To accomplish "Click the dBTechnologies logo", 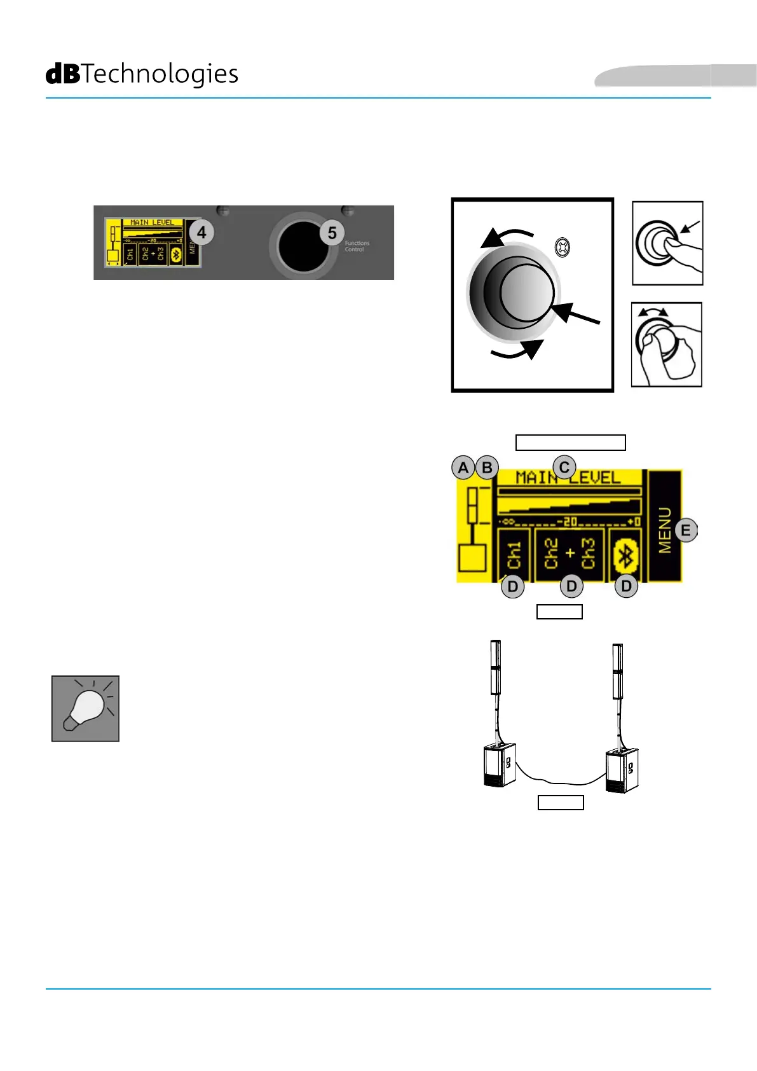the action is click(142, 74).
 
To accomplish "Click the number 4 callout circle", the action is click(201, 233).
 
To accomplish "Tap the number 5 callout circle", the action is click(332, 233).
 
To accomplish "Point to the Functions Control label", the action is click(357, 246).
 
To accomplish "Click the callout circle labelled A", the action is click(463, 468).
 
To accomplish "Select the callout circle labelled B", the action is click(487, 468).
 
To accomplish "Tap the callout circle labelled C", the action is click(564, 467).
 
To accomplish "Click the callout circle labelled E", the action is click(685, 530).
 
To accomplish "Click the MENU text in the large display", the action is click(664, 530).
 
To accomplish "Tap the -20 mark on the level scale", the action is click(567, 522).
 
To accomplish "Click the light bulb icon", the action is click(85, 708).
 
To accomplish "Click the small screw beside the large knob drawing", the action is click(562, 247).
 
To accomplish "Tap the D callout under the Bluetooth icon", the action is click(626, 586).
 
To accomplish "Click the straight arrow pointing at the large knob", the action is click(577, 316).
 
